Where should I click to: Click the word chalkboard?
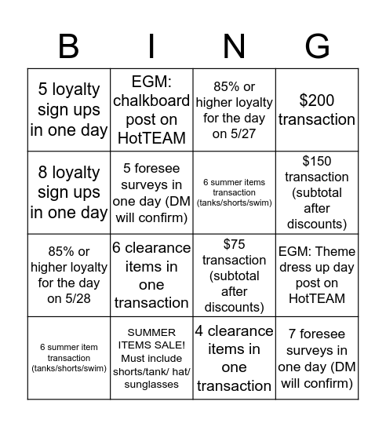point(151,100)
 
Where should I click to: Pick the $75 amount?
point(234,244)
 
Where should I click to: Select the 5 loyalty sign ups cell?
point(69,110)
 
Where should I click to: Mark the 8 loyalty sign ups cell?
point(69,192)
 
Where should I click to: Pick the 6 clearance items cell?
point(151,275)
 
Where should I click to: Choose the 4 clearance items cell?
point(234,357)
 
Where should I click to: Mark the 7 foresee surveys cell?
point(316,357)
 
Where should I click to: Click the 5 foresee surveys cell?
point(151,192)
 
